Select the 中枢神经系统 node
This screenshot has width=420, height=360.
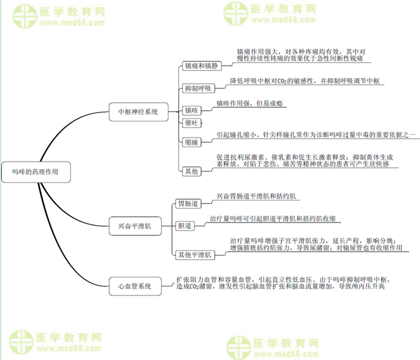pos(138,112)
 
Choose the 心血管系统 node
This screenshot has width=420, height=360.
pos(135,286)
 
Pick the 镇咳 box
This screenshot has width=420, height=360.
pos(191,110)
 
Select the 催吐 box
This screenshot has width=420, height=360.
pos(191,122)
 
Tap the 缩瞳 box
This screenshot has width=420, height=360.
pos(191,142)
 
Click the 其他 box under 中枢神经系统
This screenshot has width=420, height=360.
pos(191,170)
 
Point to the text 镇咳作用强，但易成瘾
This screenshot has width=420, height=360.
pos(249,103)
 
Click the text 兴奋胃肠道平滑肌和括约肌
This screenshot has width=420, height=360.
pos(256,196)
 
